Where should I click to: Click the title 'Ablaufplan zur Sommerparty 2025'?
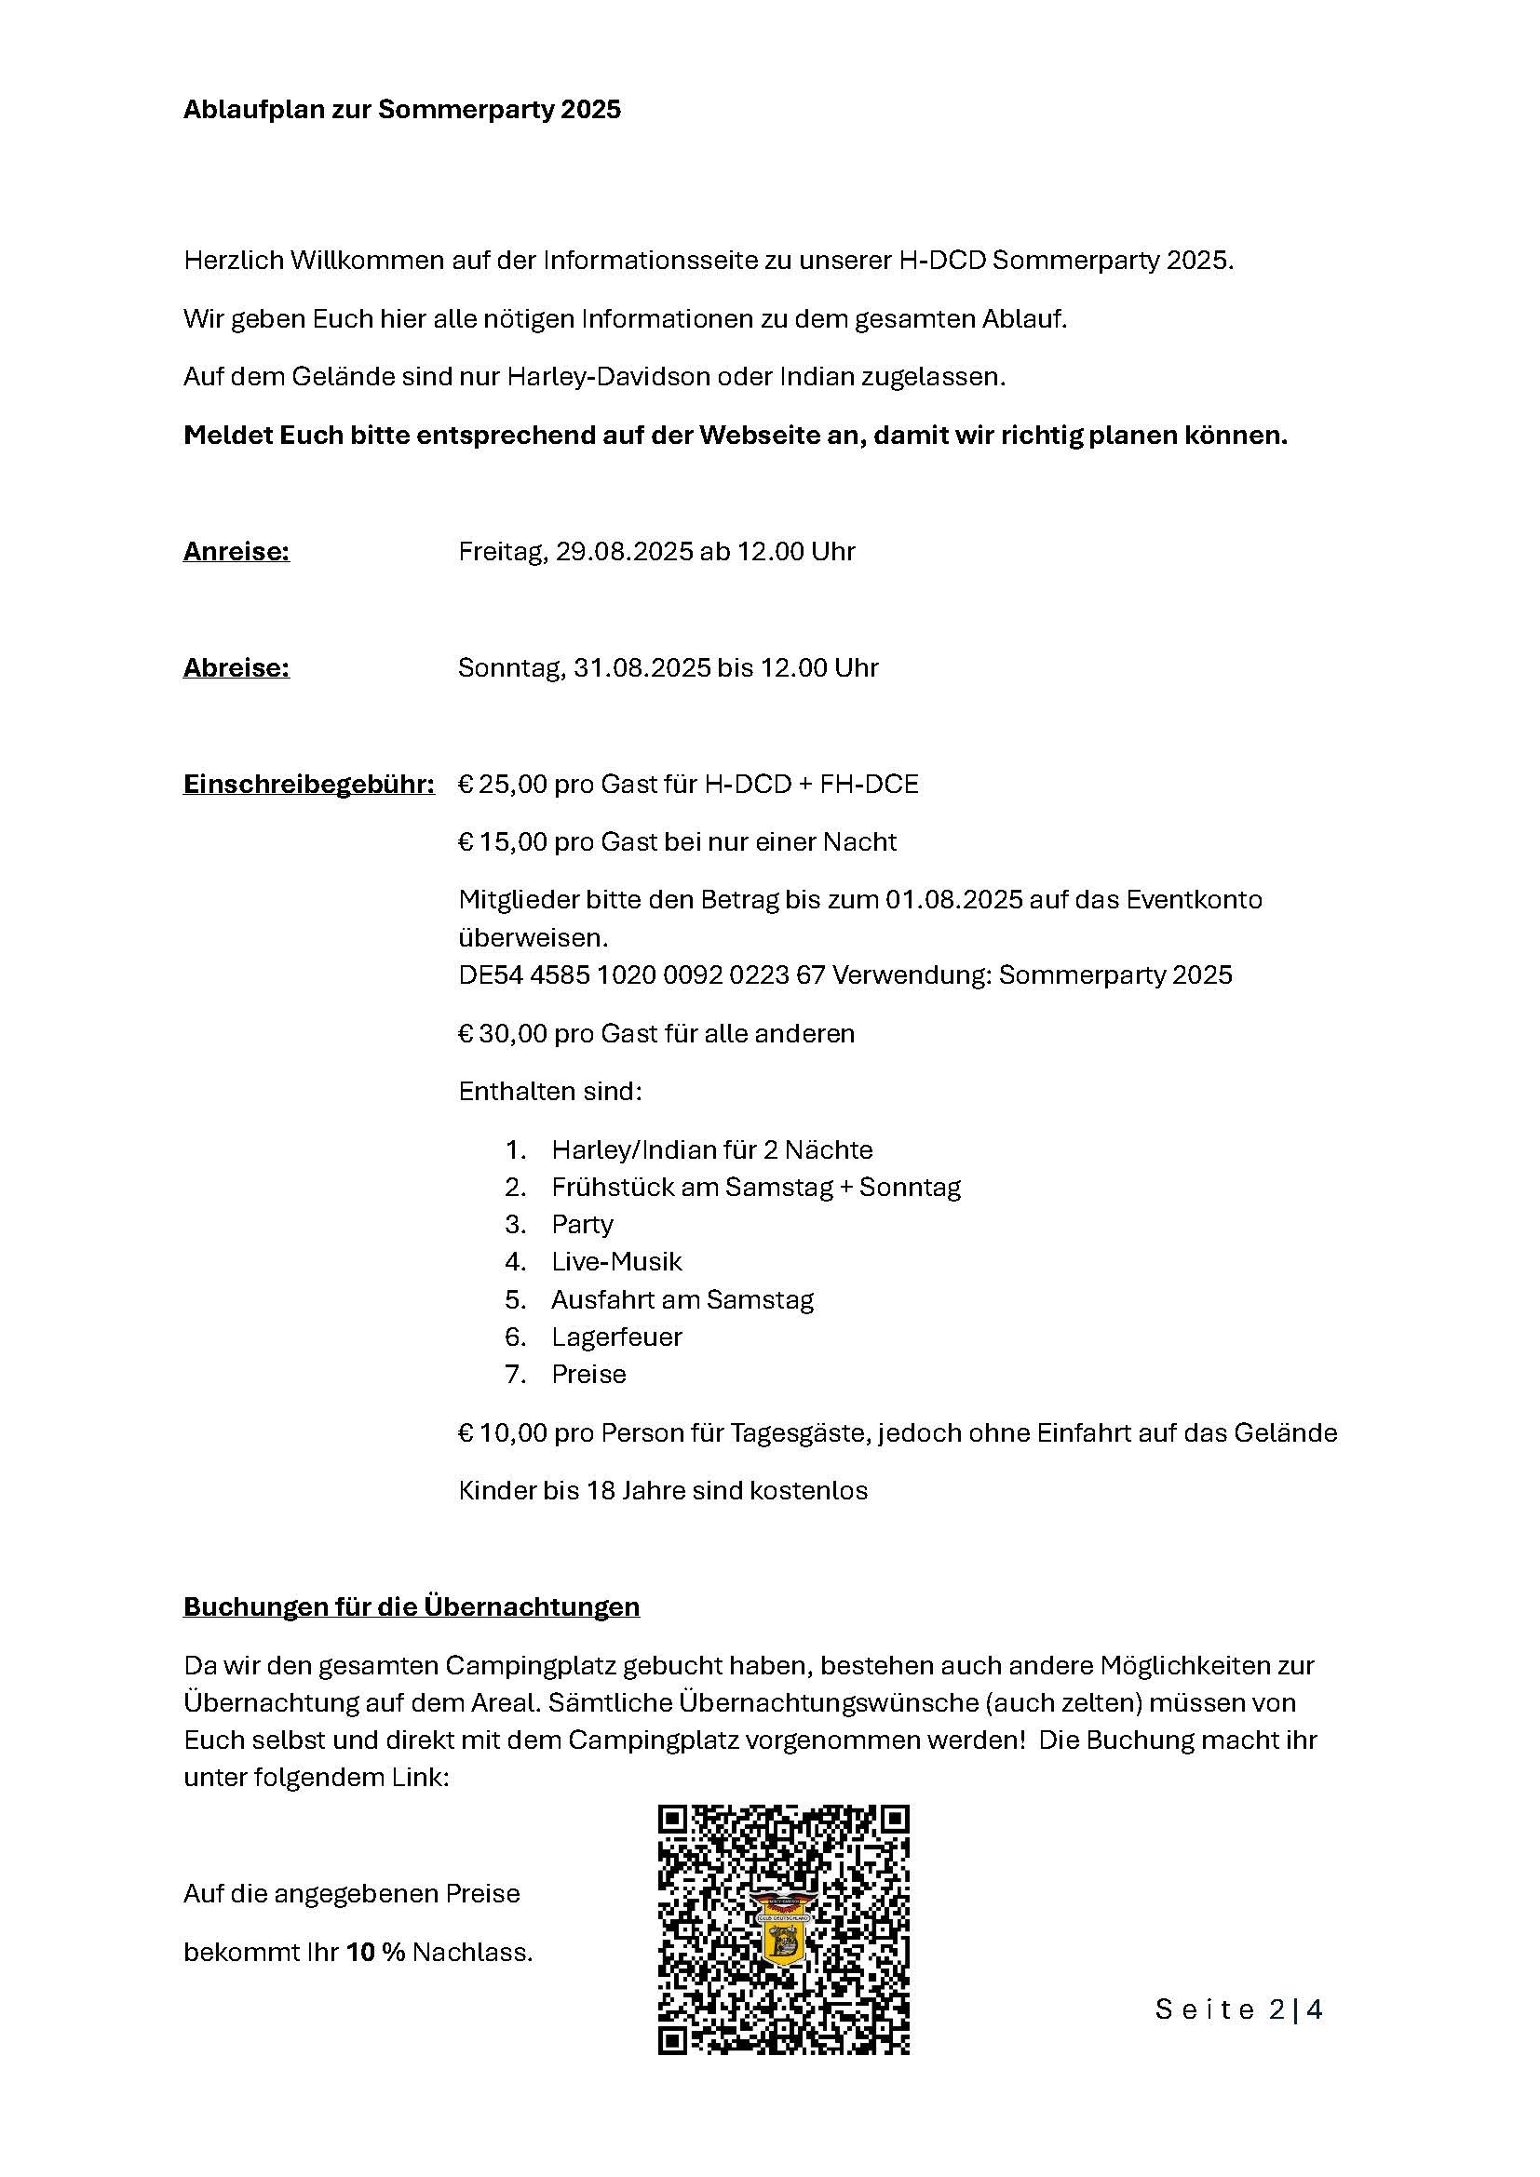point(402,110)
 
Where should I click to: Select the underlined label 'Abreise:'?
point(236,667)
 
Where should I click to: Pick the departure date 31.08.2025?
point(641,667)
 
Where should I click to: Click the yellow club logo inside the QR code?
point(783,1932)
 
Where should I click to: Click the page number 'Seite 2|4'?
point(1238,2009)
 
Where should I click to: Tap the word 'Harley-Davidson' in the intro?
point(608,376)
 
